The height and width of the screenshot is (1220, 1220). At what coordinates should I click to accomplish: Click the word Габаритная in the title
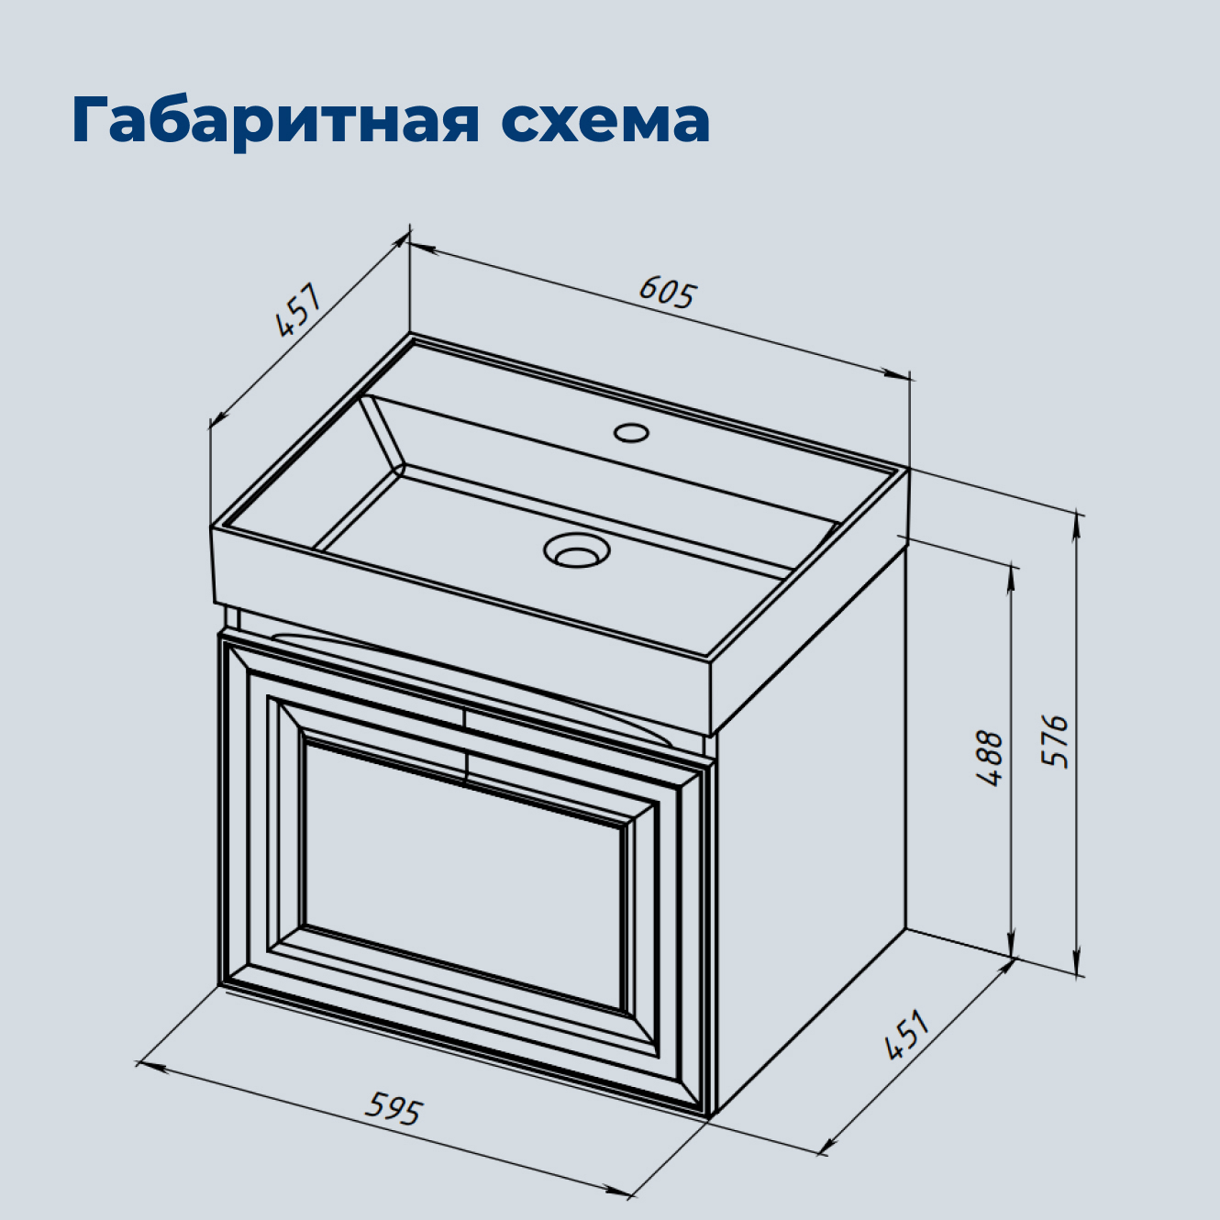coord(275,119)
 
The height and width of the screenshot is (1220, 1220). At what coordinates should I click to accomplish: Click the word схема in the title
coord(605,119)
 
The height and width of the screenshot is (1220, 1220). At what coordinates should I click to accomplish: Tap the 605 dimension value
coord(668,293)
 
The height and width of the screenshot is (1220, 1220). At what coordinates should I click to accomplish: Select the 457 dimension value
coord(299,311)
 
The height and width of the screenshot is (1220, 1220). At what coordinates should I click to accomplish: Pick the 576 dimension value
coord(1056,740)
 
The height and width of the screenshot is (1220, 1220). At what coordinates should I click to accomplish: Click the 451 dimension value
coord(907,1036)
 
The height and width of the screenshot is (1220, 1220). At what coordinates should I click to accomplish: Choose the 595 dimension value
coord(394,1107)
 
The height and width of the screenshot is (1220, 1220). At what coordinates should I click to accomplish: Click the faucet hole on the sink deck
coord(631,431)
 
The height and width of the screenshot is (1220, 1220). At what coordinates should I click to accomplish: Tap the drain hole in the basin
coord(576,550)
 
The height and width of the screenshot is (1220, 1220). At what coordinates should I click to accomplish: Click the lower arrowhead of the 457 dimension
coord(216,420)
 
